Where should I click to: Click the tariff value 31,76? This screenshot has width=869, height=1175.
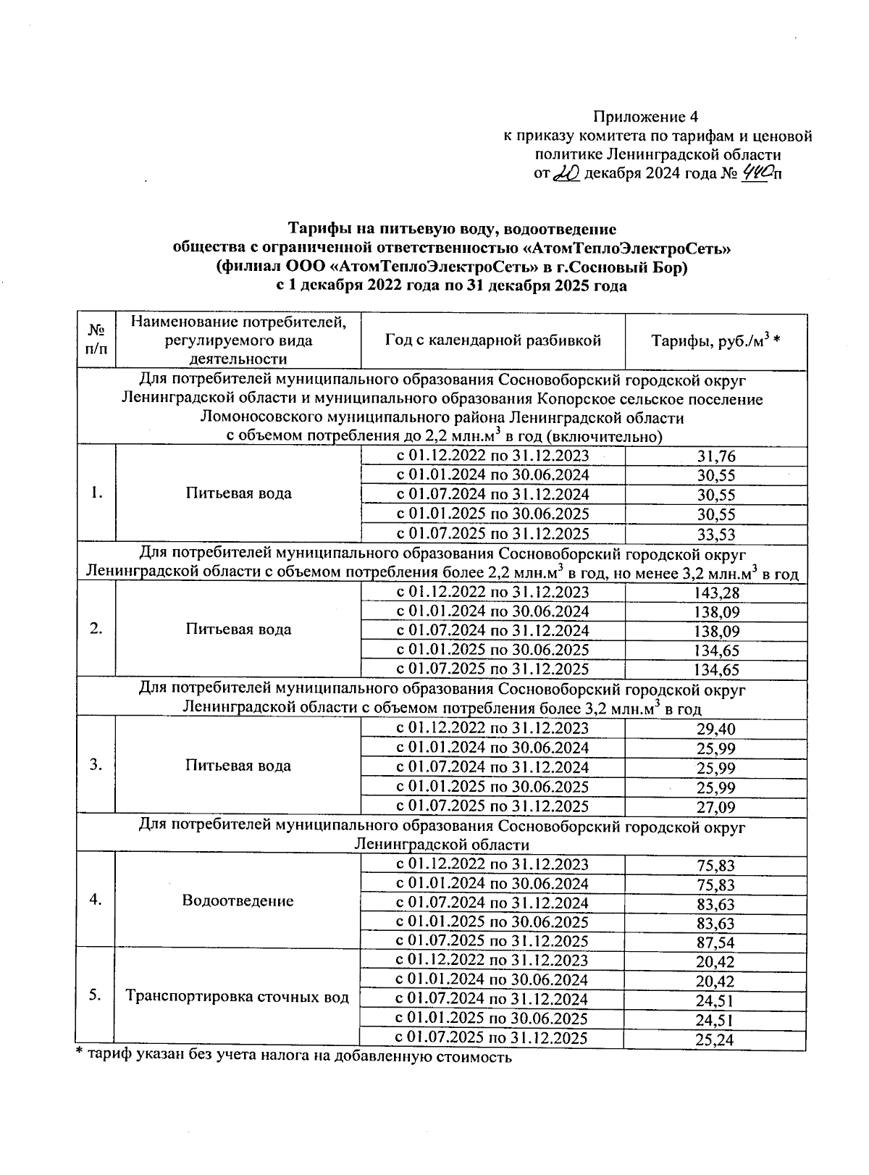pos(715,456)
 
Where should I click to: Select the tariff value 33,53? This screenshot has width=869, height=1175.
pos(715,535)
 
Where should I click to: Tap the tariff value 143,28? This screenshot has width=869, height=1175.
pos(715,593)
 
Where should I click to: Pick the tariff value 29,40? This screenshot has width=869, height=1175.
pos(715,729)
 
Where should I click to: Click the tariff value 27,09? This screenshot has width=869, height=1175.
pos(715,807)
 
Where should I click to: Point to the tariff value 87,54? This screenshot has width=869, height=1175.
pos(715,942)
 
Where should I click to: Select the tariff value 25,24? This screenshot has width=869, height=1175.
pos(715,1040)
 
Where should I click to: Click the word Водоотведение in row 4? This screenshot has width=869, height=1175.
pos(238,900)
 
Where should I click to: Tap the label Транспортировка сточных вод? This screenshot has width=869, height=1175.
pos(238,996)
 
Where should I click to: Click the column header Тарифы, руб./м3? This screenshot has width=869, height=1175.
pos(714,340)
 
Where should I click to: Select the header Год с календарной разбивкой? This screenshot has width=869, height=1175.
pos(492,340)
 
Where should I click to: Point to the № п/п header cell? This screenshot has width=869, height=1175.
pos(95,340)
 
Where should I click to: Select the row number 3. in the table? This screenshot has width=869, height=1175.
pos(95,765)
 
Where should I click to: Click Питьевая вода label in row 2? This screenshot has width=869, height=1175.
pos(238,629)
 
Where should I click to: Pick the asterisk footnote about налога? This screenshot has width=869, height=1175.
pos(294,1057)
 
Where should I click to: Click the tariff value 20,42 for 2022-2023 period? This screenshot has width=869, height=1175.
pos(715,962)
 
